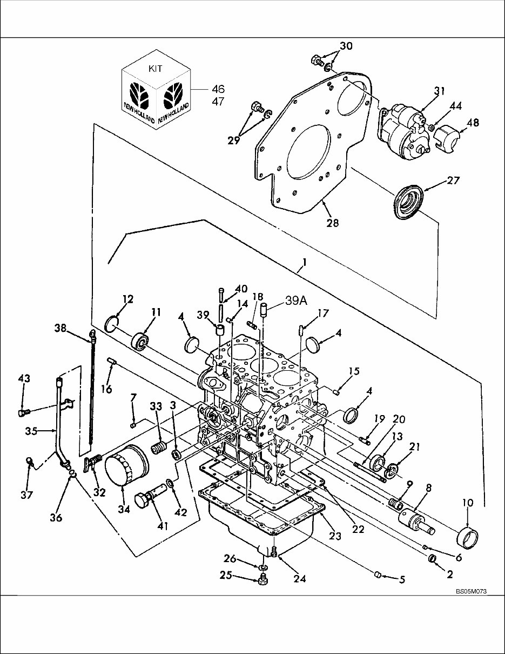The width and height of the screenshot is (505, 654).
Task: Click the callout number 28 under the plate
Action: (x=333, y=222)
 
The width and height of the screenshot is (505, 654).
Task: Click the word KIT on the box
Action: (x=155, y=69)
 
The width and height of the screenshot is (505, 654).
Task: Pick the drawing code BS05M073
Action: (x=471, y=591)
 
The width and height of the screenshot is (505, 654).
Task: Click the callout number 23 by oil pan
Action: (x=335, y=536)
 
